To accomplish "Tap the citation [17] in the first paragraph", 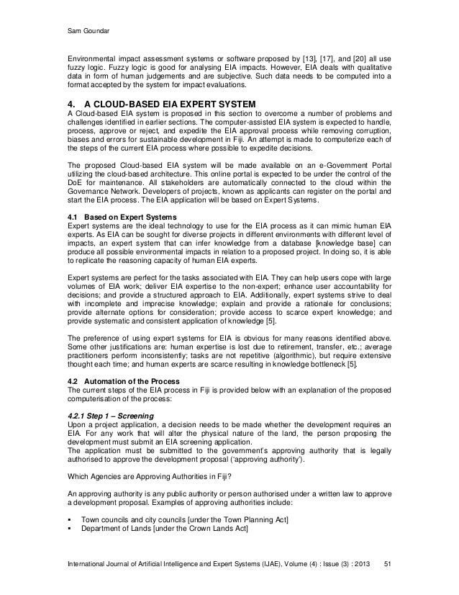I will pyautogui.click(x=316, y=56).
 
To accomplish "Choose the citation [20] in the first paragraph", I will pyautogui.click(x=355, y=56).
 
